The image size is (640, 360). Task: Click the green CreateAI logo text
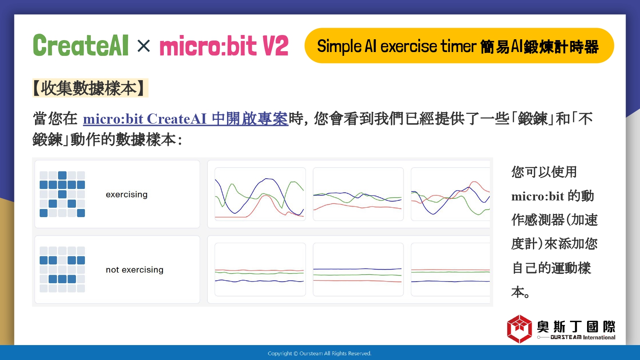(81, 45)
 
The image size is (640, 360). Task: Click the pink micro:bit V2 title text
(224, 46)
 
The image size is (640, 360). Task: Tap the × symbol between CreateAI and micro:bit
(143, 46)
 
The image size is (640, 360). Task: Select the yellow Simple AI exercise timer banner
(459, 46)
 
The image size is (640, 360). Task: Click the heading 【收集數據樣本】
(90, 88)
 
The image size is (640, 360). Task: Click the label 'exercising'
(127, 195)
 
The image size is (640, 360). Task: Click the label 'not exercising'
(134, 270)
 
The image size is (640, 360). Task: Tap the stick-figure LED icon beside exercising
(62, 194)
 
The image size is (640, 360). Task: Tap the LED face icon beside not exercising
(62, 270)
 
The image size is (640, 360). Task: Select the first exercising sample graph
(260, 194)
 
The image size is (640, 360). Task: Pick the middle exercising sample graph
(358, 194)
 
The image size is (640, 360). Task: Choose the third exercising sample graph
(451, 194)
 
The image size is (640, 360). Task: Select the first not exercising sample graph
(260, 270)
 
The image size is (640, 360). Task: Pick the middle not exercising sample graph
(358, 270)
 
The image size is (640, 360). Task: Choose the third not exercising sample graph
(451, 270)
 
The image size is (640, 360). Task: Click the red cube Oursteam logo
(519, 329)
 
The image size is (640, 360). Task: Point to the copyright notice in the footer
(320, 354)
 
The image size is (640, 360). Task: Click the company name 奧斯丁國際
(576, 327)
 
